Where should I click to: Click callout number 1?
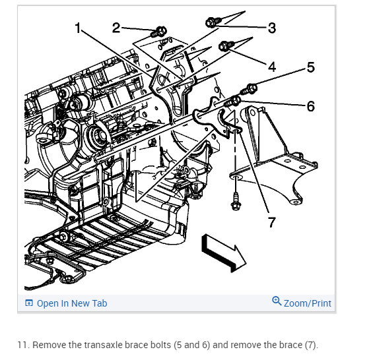click(x=78, y=28)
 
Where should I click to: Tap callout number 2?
click(x=116, y=28)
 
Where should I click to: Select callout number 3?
click(x=271, y=28)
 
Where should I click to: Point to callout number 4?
click(x=272, y=67)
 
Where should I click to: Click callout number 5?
click(x=310, y=67)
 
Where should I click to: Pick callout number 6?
click(x=310, y=106)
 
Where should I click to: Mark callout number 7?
click(x=271, y=222)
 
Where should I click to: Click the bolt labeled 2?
click(x=158, y=32)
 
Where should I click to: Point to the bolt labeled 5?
click(x=249, y=90)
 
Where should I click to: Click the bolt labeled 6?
click(x=232, y=102)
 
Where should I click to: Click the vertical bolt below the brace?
click(x=236, y=202)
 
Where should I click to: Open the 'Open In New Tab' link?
click(x=72, y=303)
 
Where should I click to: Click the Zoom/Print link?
click(x=308, y=303)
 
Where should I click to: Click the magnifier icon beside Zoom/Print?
click(x=277, y=301)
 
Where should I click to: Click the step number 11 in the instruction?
click(x=22, y=345)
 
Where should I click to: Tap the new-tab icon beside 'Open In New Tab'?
click(x=29, y=303)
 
